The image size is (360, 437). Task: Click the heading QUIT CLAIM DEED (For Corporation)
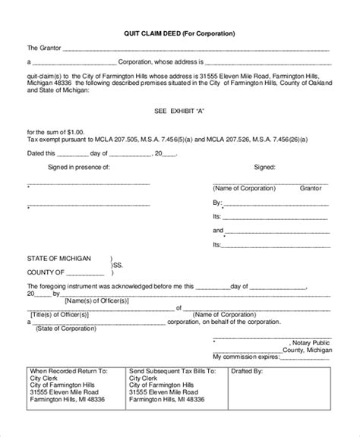[x=179, y=34]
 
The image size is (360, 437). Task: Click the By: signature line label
[x=218, y=203]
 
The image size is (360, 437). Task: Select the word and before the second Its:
[x=218, y=229]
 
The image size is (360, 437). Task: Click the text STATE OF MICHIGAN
[x=60, y=258]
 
